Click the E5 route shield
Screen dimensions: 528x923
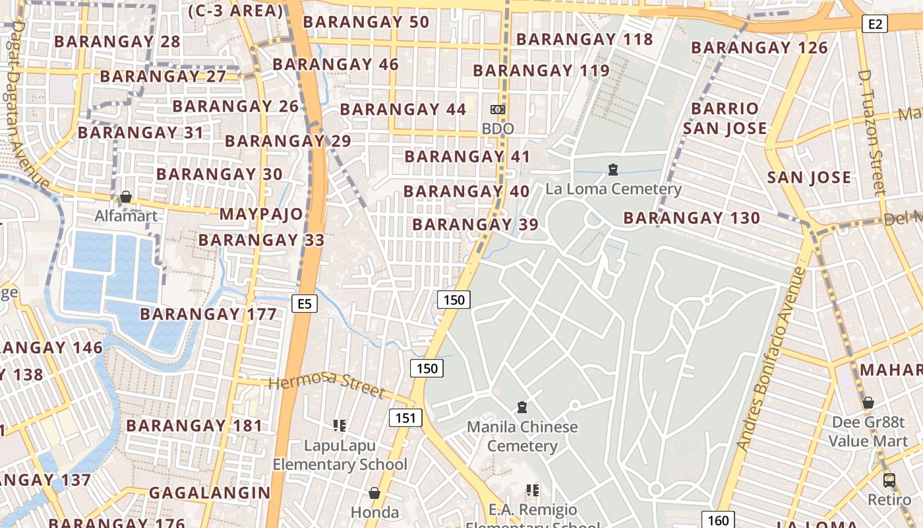click(304, 304)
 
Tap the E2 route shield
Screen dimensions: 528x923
click(875, 24)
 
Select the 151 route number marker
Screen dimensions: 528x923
click(405, 417)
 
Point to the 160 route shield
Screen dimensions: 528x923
click(718, 520)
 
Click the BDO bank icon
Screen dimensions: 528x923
click(498, 110)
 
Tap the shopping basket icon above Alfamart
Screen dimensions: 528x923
click(125, 197)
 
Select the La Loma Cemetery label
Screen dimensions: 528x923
click(613, 189)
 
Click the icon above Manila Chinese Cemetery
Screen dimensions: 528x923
click(522, 407)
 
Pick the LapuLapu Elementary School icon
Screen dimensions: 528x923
click(340, 426)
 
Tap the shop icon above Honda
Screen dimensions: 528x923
click(374, 493)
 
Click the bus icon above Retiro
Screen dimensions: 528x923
click(889, 480)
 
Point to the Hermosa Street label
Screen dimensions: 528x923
click(327, 383)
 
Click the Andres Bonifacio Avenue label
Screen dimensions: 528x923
click(772, 359)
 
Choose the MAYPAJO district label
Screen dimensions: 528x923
click(261, 214)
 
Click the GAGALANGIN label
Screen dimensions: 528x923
click(210, 492)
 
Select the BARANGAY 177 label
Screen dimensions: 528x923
click(208, 314)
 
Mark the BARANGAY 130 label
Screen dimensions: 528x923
click(692, 218)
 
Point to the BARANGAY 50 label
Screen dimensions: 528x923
click(366, 22)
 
